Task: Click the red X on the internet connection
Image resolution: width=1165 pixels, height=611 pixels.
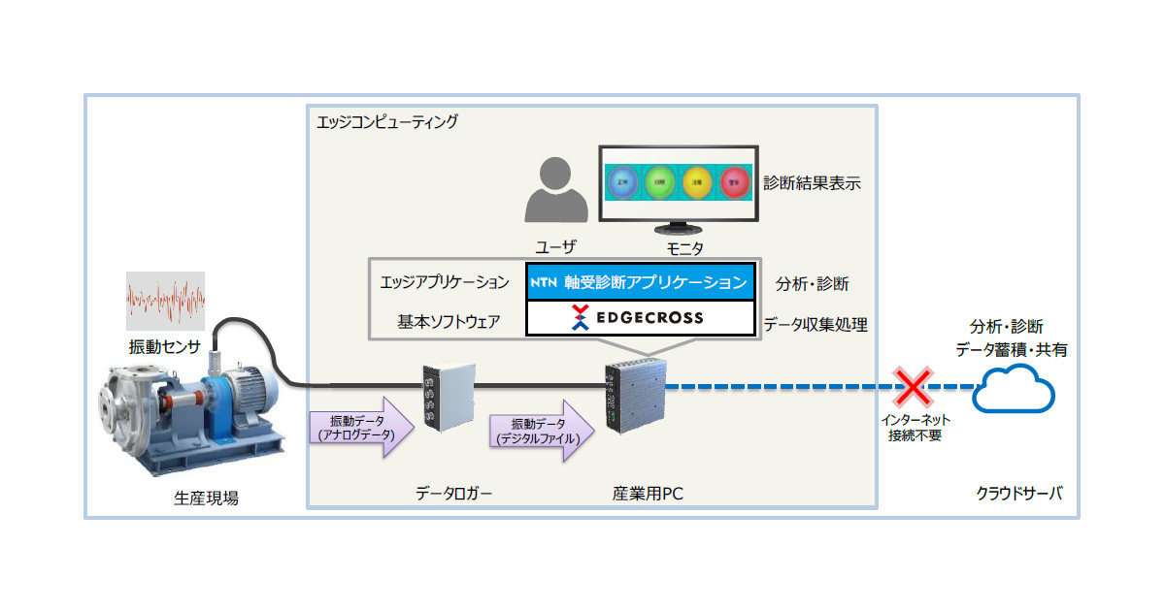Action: pyautogui.click(x=914, y=387)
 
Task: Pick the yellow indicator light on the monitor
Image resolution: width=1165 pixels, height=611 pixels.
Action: pyautogui.click(x=697, y=180)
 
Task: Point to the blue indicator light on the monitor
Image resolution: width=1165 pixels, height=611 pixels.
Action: pyautogui.click(x=621, y=180)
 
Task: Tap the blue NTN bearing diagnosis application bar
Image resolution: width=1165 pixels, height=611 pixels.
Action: pyautogui.click(x=640, y=281)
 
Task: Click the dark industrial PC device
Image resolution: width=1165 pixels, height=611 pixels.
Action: pyautogui.click(x=635, y=393)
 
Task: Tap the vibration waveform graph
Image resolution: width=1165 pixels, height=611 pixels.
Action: pyautogui.click(x=165, y=302)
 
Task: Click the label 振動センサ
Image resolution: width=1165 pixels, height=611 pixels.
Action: pyautogui.click(x=165, y=346)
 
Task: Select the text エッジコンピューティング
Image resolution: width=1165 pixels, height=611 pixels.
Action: pyautogui.click(x=387, y=122)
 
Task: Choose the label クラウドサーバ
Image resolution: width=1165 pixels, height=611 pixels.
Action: pyautogui.click(x=1018, y=493)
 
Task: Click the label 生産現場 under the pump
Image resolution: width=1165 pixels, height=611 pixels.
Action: pyautogui.click(x=206, y=498)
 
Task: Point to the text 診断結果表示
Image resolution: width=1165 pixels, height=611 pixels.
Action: pyautogui.click(x=812, y=181)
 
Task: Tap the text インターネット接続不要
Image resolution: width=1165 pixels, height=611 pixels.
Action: pyautogui.click(x=914, y=428)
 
